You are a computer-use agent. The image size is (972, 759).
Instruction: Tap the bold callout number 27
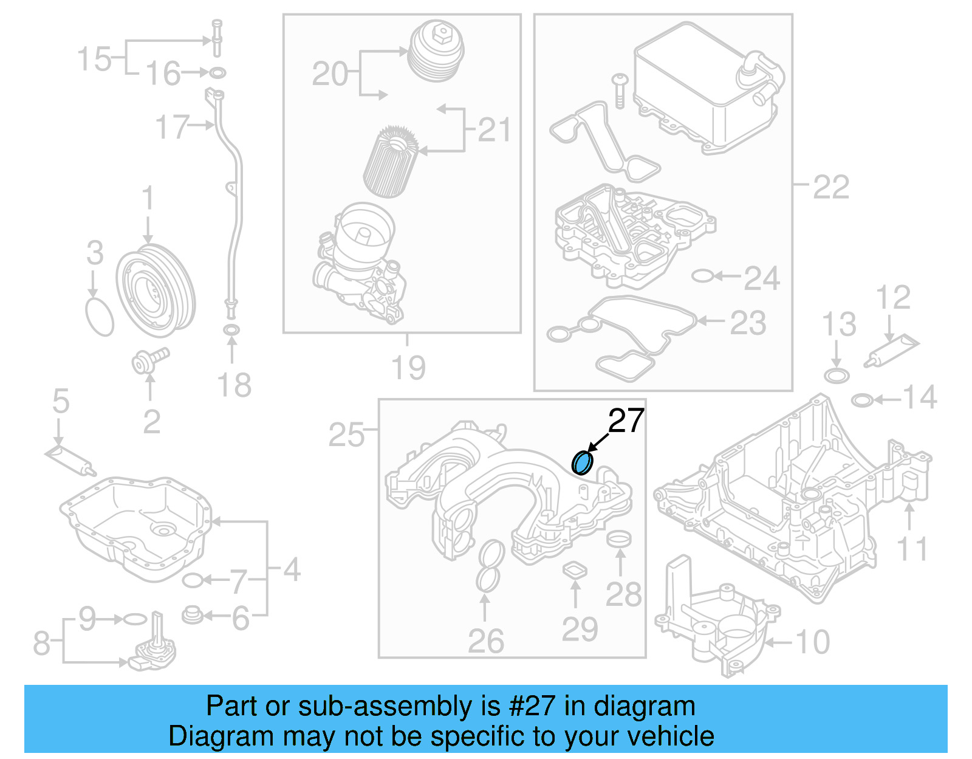point(626,421)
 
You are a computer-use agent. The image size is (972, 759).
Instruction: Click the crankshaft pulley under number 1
point(156,291)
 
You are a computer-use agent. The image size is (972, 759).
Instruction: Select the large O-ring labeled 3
point(100,317)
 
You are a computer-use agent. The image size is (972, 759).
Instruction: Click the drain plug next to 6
point(193,615)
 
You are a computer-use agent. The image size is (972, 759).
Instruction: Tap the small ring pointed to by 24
point(702,276)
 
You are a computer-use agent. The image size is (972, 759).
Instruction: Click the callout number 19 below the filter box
point(408,368)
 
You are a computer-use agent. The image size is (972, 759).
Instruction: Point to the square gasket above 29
point(575,570)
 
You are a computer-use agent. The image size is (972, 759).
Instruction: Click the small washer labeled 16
point(217,74)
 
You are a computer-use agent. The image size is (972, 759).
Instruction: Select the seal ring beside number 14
point(862,400)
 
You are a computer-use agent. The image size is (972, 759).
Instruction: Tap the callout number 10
point(812,642)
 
